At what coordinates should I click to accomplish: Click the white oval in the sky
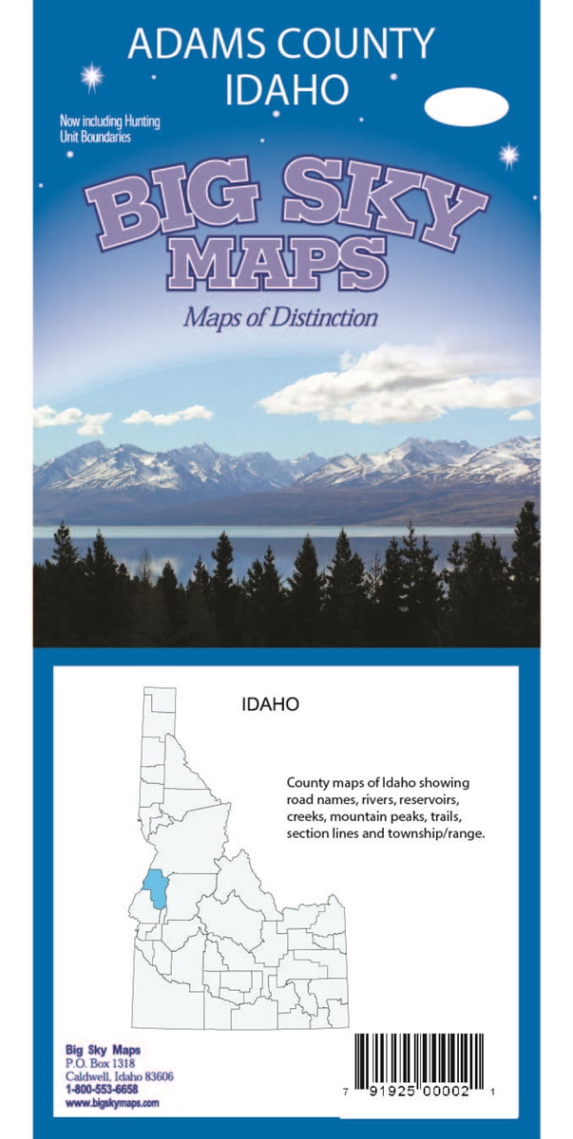point(466,107)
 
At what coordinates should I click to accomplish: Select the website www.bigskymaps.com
point(111,1103)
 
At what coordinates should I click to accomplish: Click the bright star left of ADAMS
point(91,77)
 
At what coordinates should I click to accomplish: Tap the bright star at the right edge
point(509,154)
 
